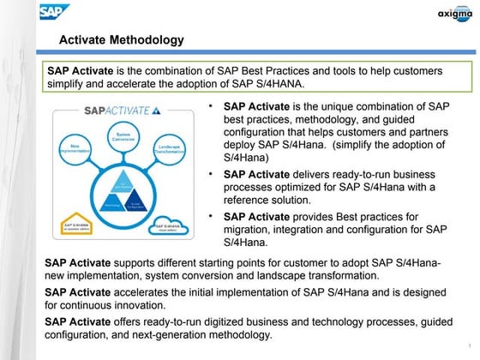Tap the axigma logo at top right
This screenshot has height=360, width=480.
coord(453,12)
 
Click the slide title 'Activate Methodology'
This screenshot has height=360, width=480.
coord(121,40)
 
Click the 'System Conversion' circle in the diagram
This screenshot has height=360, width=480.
coord(123,136)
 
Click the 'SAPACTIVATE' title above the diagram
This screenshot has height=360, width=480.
coord(116,111)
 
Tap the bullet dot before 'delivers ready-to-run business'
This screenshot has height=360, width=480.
coord(213,174)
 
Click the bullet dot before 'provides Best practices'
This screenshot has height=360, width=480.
coord(213,217)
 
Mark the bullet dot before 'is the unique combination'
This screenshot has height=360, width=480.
coord(213,106)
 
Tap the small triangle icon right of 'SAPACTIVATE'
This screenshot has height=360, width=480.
coord(156,110)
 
